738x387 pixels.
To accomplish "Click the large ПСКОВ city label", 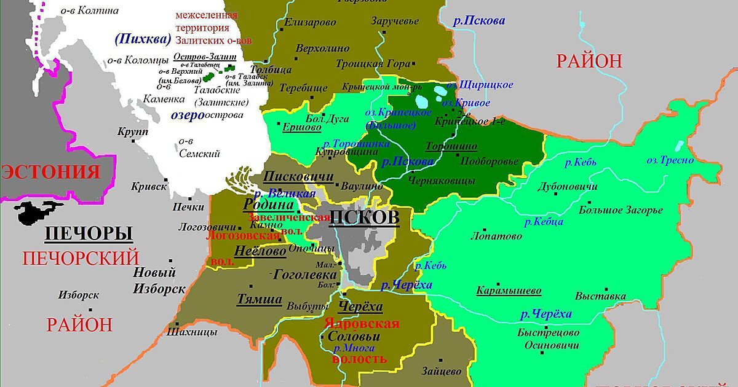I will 364,218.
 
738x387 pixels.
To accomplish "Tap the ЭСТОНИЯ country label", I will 59,171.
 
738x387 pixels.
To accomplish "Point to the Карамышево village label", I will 509,291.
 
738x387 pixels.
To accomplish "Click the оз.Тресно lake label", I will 670,160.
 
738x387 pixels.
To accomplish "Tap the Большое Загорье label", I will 621,210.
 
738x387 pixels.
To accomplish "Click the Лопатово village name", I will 496,236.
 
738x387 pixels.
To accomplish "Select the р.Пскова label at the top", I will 479,20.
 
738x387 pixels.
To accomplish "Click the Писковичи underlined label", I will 298,177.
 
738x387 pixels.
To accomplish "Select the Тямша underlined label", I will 260,300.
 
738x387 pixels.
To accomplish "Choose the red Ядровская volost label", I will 362,324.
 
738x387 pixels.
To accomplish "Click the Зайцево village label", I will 441,372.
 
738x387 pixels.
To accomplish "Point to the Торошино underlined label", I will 451,147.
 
